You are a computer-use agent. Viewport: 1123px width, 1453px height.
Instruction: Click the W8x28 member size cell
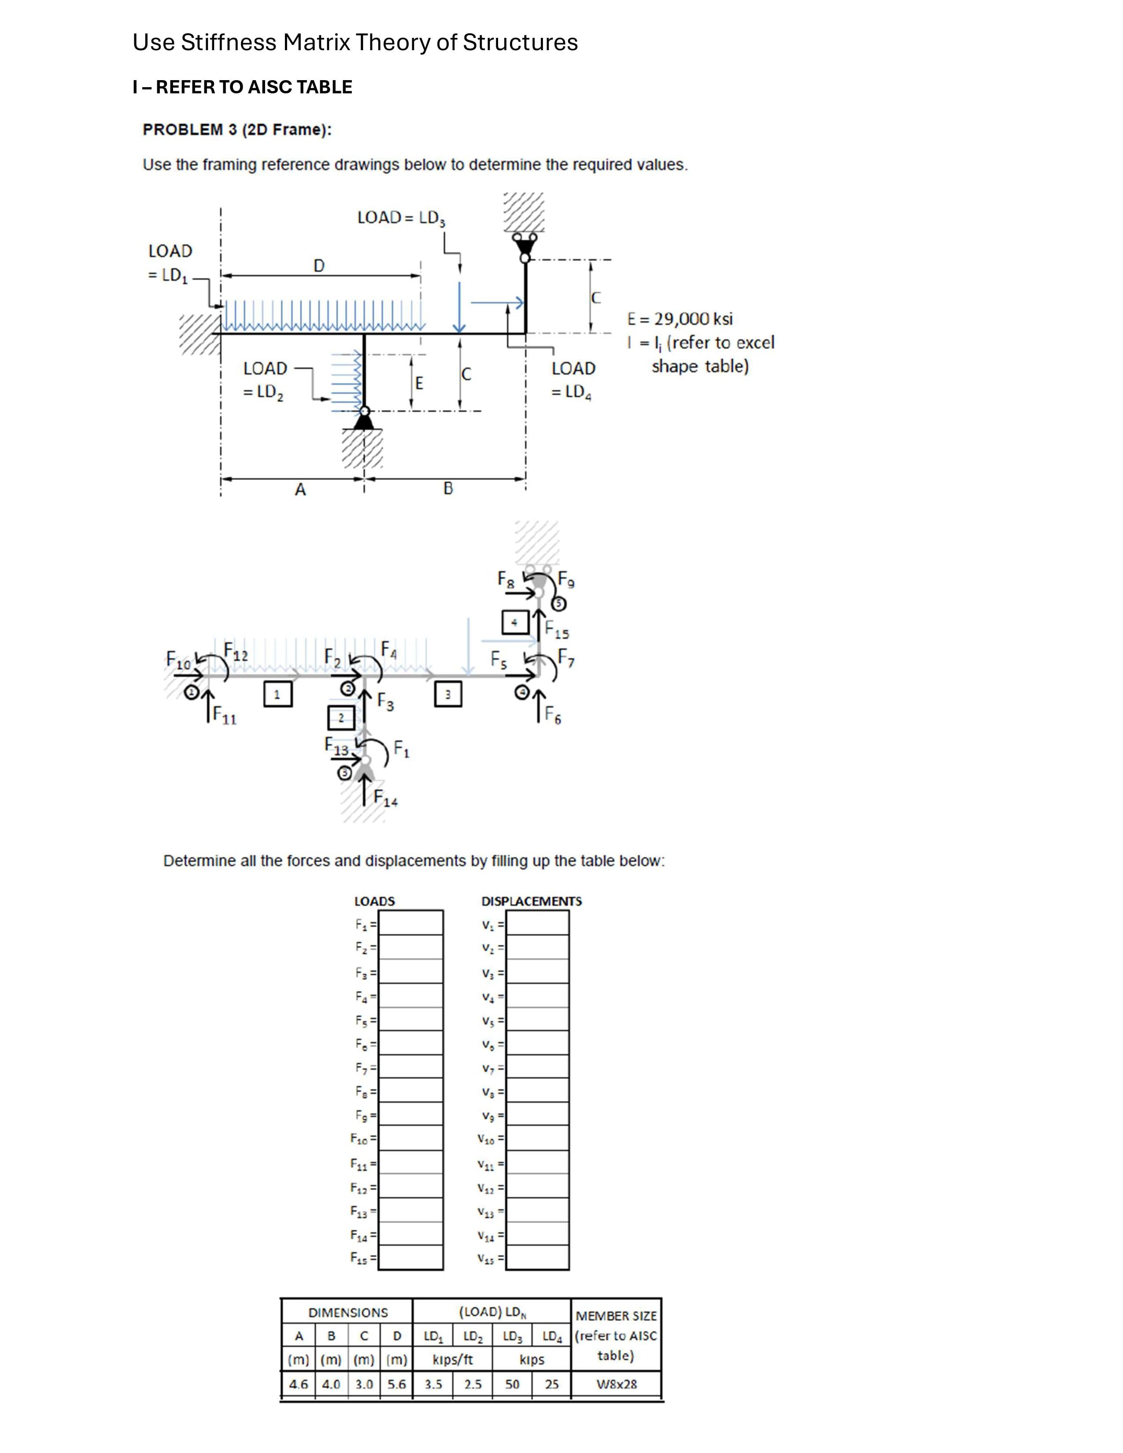[616, 1384]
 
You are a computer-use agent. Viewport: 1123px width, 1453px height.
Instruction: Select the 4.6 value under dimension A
[298, 1384]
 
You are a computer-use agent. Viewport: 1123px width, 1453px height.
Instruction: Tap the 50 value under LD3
[512, 1384]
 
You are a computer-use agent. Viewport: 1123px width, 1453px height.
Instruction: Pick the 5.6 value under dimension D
[396, 1384]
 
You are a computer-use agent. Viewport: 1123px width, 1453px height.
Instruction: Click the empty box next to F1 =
[410, 923]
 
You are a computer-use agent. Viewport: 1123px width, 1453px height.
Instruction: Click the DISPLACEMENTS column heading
[531, 901]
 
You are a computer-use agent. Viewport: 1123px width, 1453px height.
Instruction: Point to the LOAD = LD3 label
[400, 218]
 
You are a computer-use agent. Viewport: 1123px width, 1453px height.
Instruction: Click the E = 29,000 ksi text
[679, 319]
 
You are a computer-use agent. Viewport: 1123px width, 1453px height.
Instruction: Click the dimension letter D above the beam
[319, 266]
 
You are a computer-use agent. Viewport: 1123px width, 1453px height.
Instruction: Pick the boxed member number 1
[277, 694]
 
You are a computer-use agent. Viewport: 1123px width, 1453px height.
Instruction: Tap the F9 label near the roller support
[566, 579]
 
